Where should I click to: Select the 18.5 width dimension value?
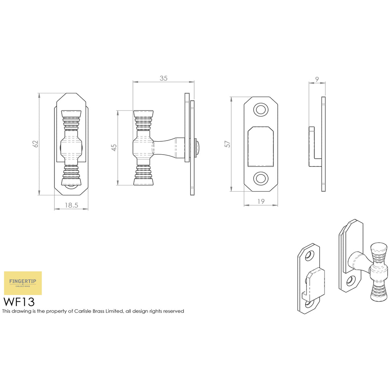click(72, 205)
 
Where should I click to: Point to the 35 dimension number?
click(163, 78)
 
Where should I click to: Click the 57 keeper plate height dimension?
click(228, 144)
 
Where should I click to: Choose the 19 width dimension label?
click(261, 201)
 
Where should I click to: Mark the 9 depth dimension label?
click(317, 79)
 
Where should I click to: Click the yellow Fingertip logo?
click(23, 283)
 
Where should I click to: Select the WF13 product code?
click(19, 302)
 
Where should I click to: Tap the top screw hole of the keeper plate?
click(261, 110)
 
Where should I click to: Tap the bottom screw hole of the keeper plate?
click(261, 178)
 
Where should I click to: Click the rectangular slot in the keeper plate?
click(261, 146)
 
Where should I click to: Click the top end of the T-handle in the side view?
click(143, 114)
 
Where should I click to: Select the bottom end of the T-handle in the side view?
click(143, 182)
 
